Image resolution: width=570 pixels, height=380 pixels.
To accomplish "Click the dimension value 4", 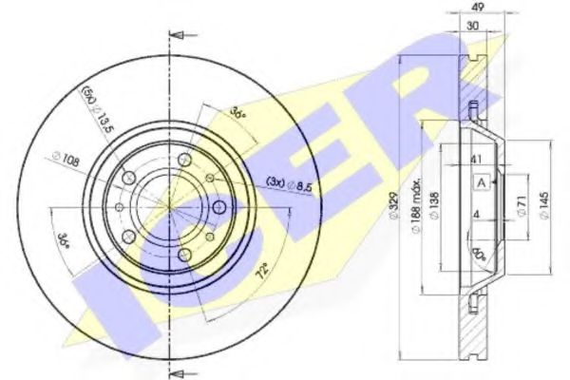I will (472, 215).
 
